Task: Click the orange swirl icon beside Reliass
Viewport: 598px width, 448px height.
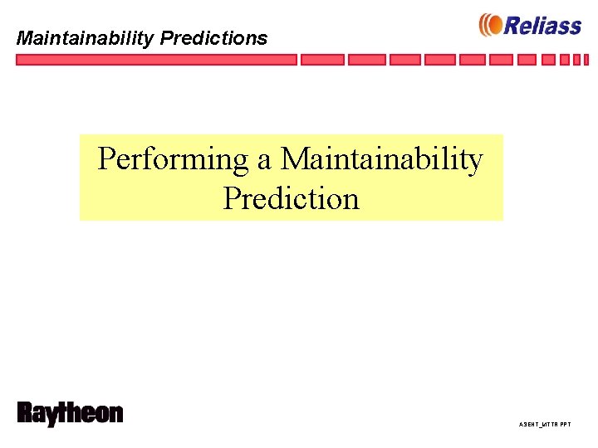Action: click(490, 26)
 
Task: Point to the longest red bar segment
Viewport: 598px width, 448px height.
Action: click(156, 60)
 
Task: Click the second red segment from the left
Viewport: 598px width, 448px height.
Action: click(321, 60)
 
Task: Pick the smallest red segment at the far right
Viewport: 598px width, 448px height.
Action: click(588, 60)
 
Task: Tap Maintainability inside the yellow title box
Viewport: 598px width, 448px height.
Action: click(382, 159)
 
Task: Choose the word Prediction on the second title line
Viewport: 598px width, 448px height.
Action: click(291, 199)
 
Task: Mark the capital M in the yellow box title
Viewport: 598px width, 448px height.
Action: click(295, 158)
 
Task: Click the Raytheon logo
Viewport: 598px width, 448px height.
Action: click(70, 414)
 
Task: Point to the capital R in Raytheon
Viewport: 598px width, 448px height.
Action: click(26, 413)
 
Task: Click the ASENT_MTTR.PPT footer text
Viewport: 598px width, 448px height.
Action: click(545, 424)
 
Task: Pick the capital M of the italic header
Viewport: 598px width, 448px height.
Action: click(26, 38)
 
